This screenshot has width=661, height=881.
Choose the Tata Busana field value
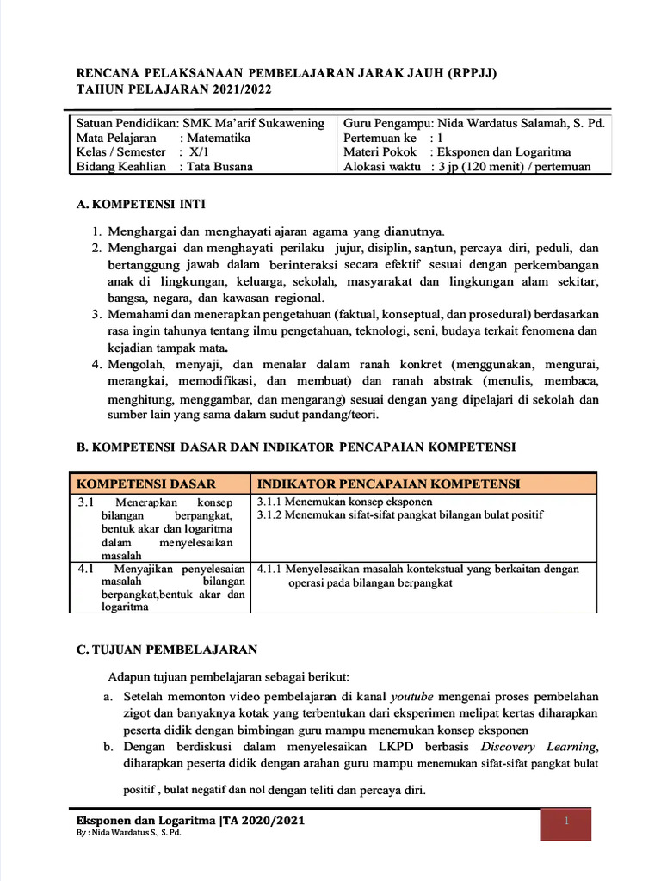220,167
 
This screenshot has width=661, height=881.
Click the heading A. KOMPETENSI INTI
141,205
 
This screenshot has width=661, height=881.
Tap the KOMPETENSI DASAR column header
146,484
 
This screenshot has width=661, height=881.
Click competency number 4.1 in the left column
85,569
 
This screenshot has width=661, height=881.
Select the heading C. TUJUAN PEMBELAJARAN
167,649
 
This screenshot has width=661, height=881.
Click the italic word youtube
412,695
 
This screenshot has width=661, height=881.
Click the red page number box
566,822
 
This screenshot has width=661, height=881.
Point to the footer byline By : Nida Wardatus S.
129,834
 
